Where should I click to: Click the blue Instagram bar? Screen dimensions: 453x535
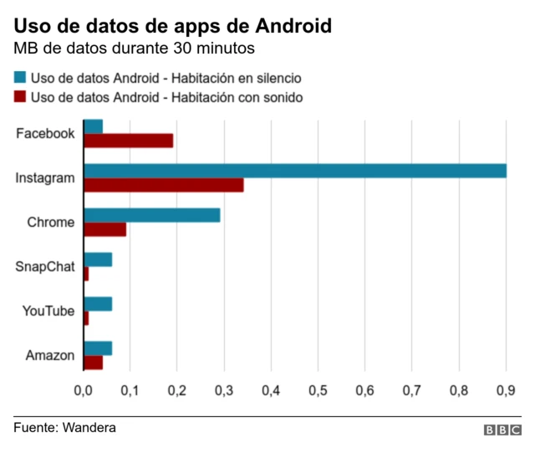(295, 171)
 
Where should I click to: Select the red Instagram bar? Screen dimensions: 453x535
(164, 185)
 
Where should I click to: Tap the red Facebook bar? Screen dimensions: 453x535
(129, 141)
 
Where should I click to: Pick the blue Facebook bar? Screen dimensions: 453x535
(94, 126)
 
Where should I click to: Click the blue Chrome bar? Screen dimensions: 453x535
(152, 215)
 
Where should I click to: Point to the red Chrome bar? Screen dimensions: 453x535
(105, 229)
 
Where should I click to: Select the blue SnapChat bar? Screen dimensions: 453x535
(98, 260)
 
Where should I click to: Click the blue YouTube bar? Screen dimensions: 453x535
(98, 304)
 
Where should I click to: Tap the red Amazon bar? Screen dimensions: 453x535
(94, 363)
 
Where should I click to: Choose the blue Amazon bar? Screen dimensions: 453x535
(98, 348)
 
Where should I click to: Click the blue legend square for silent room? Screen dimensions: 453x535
(20, 77)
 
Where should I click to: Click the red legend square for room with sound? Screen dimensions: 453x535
(20, 97)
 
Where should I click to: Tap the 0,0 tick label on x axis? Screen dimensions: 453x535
(84, 390)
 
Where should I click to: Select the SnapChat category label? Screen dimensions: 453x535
(45, 267)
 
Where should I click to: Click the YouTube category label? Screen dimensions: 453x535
(48, 311)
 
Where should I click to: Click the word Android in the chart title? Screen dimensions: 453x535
(285, 26)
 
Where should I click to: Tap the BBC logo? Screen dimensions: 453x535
(502, 430)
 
